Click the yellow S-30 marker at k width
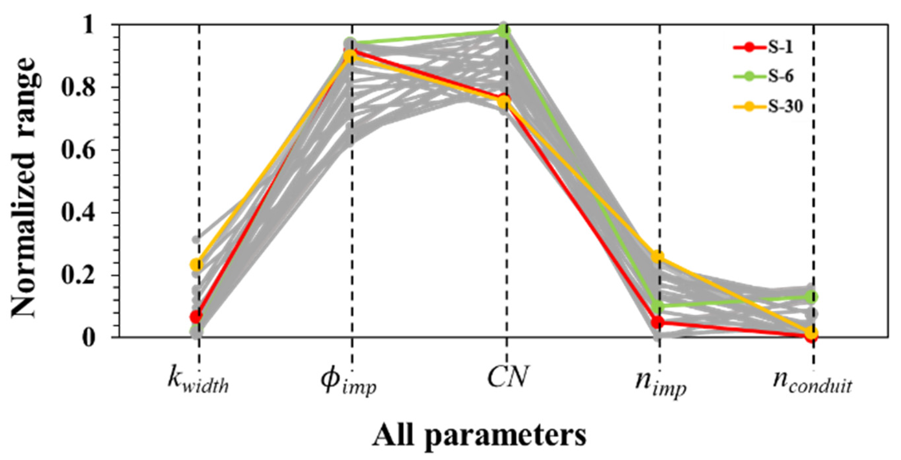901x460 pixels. tap(197, 265)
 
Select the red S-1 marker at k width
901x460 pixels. tap(197, 317)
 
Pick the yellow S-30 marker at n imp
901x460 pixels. tap(658, 257)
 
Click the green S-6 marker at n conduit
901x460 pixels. tap(812, 297)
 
